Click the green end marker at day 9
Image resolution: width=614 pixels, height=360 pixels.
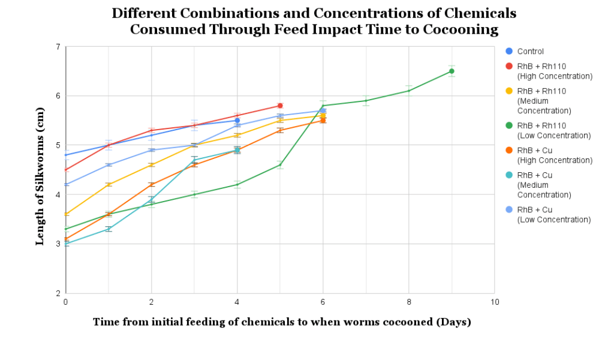coord(452,71)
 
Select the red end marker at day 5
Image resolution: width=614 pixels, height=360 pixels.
coord(280,106)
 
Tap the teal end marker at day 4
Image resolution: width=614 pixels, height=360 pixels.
coord(237,150)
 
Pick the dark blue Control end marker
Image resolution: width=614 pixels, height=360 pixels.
coord(237,121)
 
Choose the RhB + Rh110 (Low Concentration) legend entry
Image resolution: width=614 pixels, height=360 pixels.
coord(548,130)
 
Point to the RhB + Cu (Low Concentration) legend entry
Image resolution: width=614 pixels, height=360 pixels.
coord(548,215)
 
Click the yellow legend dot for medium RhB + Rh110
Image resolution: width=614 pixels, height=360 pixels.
coord(509,91)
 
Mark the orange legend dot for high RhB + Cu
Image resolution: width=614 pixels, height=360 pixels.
coord(509,151)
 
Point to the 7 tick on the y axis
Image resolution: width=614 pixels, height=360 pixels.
coord(58,47)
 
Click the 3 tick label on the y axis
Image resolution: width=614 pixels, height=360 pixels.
coord(58,244)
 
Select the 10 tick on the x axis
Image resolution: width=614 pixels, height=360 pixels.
coord(495,302)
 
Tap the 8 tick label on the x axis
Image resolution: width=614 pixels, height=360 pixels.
coord(409,302)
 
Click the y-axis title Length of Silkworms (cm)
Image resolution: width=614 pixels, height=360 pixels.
coord(40,176)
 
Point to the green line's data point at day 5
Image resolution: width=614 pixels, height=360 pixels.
coord(280,165)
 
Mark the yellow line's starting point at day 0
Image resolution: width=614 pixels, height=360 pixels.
coord(66,214)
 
